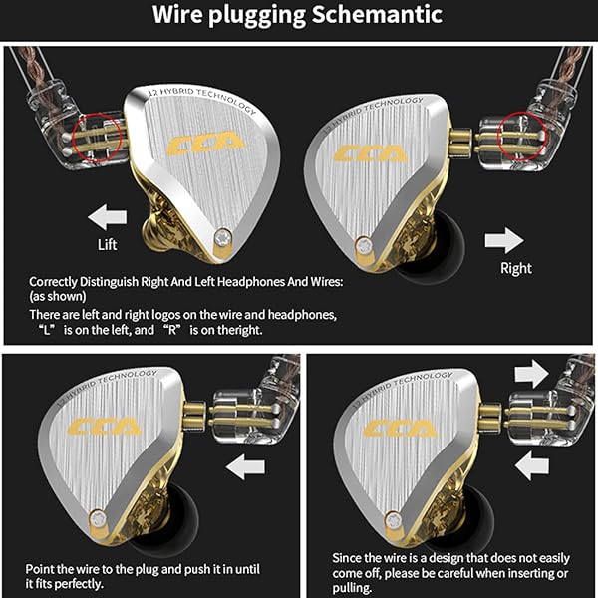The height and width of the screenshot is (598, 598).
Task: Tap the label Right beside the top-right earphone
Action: click(x=515, y=267)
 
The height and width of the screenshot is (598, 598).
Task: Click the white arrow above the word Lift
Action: click(x=107, y=215)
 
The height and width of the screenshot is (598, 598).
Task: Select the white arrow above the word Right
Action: click(x=503, y=239)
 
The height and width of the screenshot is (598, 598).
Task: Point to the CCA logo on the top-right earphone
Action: click(x=370, y=153)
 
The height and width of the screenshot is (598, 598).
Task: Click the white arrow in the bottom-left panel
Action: click(x=245, y=466)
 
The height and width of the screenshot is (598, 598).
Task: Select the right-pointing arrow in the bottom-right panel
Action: click(x=530, y=374)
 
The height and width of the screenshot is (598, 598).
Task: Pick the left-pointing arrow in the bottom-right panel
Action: click(x=530, y=463)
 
